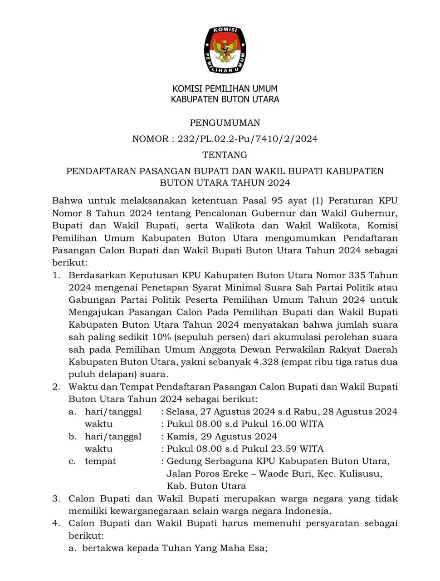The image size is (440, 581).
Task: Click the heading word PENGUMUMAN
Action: [225, 123]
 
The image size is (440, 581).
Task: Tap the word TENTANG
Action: [225, 155]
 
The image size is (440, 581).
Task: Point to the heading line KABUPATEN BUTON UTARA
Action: [225, 99]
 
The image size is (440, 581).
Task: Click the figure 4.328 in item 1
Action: [271, 362]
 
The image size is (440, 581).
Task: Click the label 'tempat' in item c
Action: [100, 461]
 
